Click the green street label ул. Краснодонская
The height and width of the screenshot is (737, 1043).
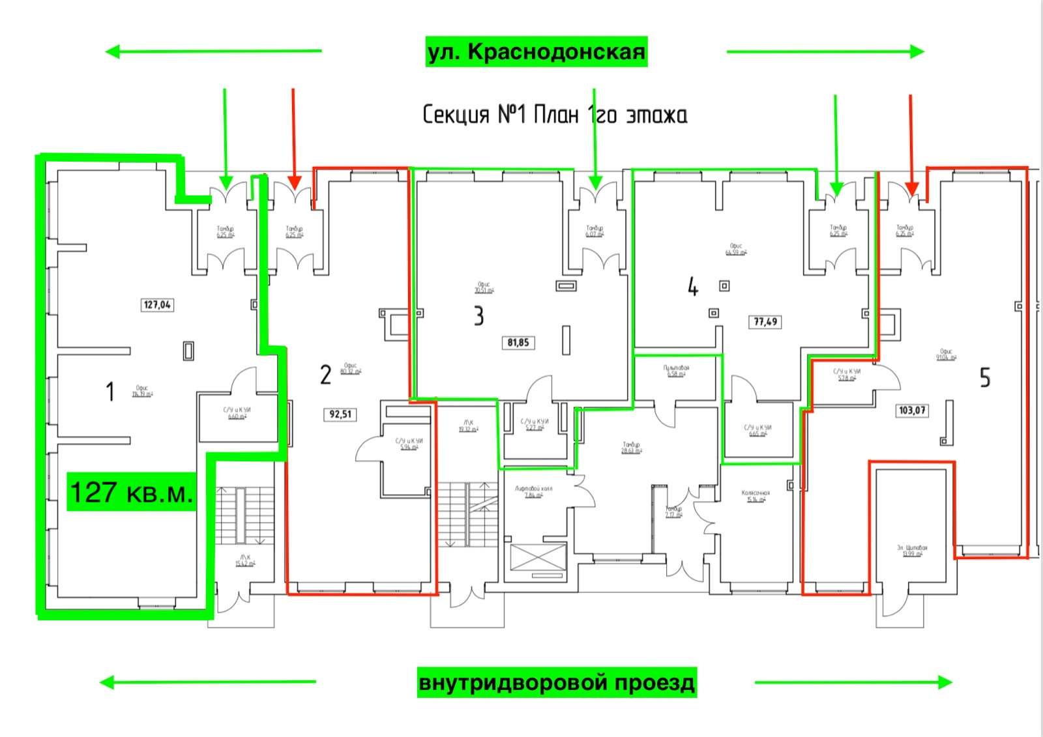click(x=536, y=51)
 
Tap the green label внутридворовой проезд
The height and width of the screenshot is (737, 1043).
click(x=557, y=682)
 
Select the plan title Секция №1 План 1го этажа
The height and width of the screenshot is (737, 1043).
click(x=555, y=115)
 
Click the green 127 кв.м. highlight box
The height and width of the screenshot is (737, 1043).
click(x=132, y=492)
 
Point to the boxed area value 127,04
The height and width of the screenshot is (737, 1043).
click(x=157, y=304)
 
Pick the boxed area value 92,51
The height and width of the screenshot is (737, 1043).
click(x=340, y=414)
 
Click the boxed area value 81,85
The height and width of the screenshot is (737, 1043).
click(x=518, y=342)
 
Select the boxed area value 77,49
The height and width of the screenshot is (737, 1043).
click(x=765, y=321)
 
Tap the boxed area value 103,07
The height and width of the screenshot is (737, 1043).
click(x=912, y=411)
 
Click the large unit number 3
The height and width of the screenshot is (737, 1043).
click(x=479, y=316)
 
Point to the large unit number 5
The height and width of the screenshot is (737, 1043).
click(x=985, y=377)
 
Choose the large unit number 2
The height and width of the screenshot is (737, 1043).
click(x=325, y=375)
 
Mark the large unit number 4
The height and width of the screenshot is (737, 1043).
click(x=693, y=287)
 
